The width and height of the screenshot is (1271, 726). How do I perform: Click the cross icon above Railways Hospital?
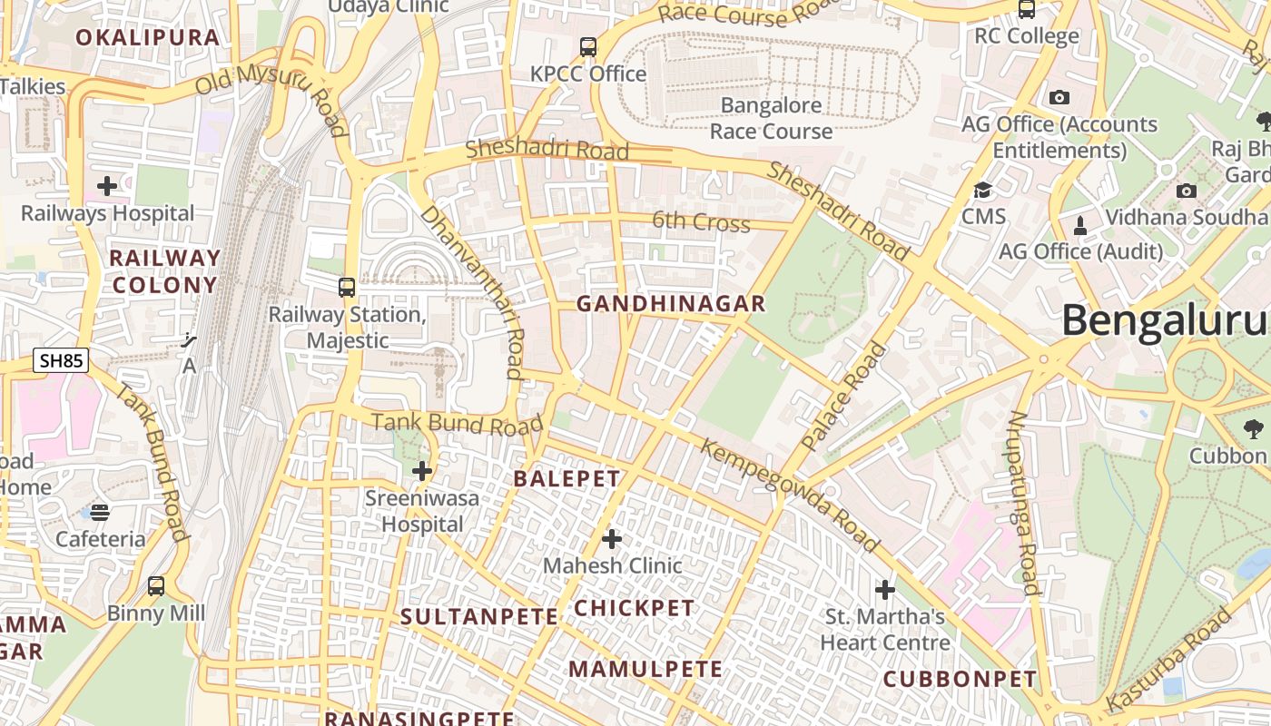pyautogui.click(x=107, y=186)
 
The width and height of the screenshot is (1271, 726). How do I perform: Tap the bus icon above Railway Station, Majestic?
pyautogui.click(x=347, y=288)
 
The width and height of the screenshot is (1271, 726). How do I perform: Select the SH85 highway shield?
pyautogui.click(x=62, y=360)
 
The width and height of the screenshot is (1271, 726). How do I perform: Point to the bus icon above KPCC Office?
pyautogui.click(x=588, y=46)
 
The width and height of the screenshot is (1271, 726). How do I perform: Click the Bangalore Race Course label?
pyautogui.click(x=771, y=118)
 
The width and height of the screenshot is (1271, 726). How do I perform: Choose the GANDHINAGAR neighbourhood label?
pyautogui.click(x=671, y=304)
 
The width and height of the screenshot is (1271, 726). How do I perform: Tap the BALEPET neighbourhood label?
pyautogui.click(x=567, y=478)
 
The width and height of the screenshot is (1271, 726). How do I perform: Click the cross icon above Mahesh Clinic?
pyautogui.click(x=612, y=539)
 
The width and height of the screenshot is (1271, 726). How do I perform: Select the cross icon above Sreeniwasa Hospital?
pyautogui.click(x=422, y=471)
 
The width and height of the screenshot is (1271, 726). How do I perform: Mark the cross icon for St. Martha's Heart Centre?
pyautogui.click(x=885, y=590)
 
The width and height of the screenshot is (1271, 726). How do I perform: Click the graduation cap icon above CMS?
pyautogui.click(x=983, y=190)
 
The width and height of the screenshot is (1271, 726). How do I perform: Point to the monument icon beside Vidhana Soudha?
pyautogui.click(x=1080, y=224)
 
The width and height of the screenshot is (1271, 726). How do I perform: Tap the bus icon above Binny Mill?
pyautogui.click(x=156, y=586)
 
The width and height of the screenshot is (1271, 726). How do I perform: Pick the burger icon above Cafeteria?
pyautogui.click(x=100, y=513)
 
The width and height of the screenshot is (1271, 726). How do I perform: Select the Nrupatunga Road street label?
pyautogui.click(x=1023, y=503)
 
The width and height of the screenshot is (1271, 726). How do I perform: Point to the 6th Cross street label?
pyautogui.click(x=701, y=221)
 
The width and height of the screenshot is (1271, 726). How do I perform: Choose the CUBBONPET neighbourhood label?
pyautogui.click(x=960, y=679)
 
